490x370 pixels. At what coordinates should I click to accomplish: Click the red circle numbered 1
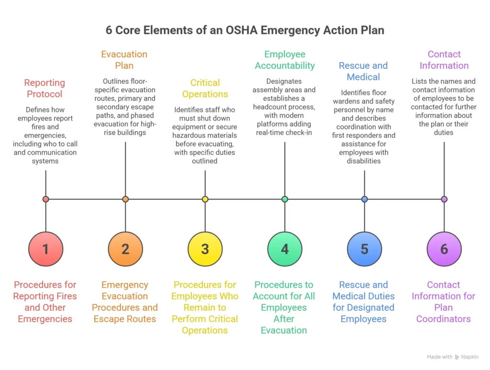(x=45, y=249)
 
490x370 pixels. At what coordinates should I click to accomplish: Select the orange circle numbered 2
(x=125, y=249)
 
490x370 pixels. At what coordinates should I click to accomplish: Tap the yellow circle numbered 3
(x=205, y=249)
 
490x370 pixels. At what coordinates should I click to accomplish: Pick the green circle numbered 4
(x=285, y=249)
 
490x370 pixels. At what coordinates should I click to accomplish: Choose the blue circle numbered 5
(x=364, y=249)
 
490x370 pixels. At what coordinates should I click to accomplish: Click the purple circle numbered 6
(x=444, y=249)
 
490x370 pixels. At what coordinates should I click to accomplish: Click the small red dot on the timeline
(x=45, y=199)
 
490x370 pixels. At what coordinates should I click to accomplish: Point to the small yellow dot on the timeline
(x=205, y=199)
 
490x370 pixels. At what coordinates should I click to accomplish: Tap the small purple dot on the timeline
(x=444, y=199)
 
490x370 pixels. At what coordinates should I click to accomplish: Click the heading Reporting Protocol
(x=45, y=89)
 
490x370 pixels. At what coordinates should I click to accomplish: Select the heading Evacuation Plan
(x=124, y=60)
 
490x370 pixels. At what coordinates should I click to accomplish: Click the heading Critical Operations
(x=205, y=89)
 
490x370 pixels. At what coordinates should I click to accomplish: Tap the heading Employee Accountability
(x=285, y=60)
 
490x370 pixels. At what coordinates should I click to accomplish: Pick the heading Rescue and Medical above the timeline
(x=363, y=71)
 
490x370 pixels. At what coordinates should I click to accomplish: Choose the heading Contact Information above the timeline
(x=444, y=60)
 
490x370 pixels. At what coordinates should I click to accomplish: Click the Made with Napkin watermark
(x=453, y=357)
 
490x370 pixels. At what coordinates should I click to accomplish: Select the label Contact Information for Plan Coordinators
(x=443, y=302)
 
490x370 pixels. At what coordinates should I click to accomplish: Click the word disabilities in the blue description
(x=364, y=161)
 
